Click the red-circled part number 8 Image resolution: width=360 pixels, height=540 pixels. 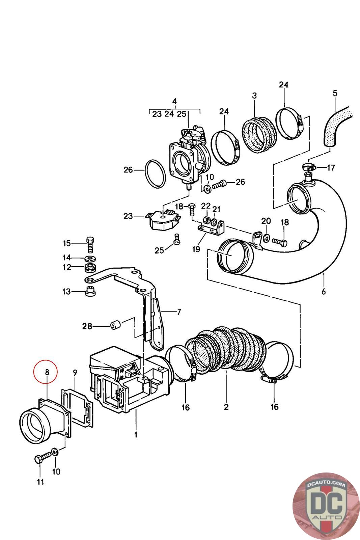[x=47, y=372]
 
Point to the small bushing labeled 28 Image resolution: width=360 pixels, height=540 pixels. [x=115, y=326]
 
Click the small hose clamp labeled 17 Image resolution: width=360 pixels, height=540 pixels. [x=309, y=166]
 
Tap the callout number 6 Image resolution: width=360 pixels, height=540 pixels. [x=324, y=291]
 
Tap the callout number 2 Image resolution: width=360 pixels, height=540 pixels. [x=226, y=407]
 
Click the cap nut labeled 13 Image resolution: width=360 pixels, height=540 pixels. [x=90, y=291]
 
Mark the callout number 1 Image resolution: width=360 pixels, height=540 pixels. [x=136, y=435]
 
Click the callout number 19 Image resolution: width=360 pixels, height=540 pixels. [x=196, y=249]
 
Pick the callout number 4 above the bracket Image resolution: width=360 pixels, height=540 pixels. [x=174, y=101]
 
